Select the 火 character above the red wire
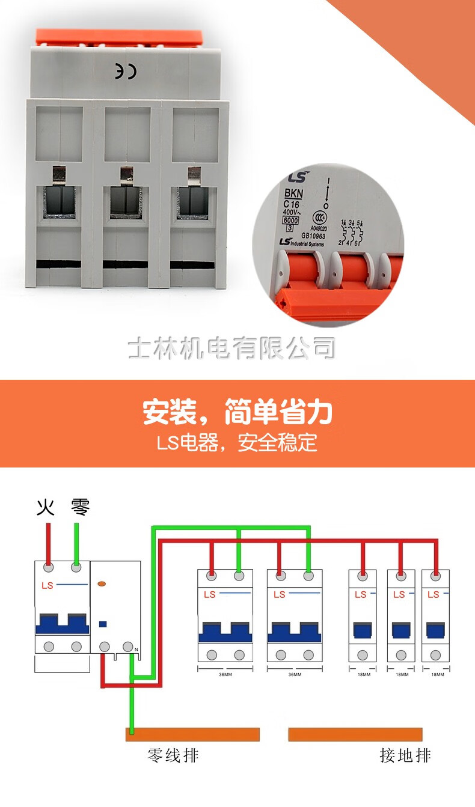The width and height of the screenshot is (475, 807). click(46, 508)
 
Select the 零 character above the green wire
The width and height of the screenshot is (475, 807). click(80, 507)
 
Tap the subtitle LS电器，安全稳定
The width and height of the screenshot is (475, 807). click(237, 443)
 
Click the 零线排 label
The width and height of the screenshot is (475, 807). click(173, 755)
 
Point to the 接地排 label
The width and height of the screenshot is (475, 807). click(405, 755)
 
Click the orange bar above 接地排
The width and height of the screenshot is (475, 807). click(355, 734)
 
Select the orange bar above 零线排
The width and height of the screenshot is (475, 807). click(192, 734)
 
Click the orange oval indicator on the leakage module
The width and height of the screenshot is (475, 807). click(102, 583)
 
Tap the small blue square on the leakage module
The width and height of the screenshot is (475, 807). click(102, 624)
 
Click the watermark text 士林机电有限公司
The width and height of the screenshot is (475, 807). click(231, 348)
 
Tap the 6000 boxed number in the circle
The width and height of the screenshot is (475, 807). click(290, 221)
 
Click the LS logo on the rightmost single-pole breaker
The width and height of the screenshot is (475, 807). click(433, 595)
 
